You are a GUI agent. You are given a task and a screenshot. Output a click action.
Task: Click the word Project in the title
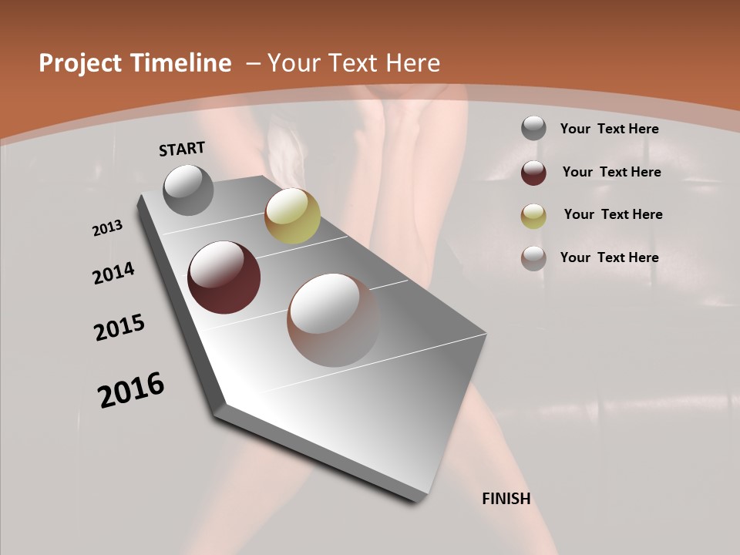pos(77,63)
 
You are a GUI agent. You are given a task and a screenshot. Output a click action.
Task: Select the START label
pos(182,149)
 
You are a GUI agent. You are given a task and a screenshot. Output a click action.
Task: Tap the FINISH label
pos(506,499)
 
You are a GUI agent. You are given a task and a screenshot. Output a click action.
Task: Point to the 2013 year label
pos(108,228)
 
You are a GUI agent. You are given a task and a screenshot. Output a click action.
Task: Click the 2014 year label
pos(114,273)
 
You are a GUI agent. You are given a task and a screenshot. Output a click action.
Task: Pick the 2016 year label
pos(131,390)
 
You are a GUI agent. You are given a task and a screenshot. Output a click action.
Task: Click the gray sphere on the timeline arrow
pos(189,190)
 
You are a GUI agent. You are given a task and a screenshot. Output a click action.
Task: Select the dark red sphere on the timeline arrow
pos(224,277)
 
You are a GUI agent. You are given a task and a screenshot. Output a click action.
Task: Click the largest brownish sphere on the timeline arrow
pos(333,320)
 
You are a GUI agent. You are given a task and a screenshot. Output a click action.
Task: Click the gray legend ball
pos(533,129)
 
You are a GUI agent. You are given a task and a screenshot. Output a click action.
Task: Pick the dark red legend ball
pos(533,172)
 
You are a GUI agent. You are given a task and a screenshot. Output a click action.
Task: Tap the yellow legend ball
pos(533,215)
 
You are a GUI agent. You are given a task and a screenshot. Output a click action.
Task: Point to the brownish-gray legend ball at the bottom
pos(533,258)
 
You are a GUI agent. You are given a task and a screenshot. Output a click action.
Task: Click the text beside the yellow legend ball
pos(613,214)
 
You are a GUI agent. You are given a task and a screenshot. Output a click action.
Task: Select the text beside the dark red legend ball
pos(611,172)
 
